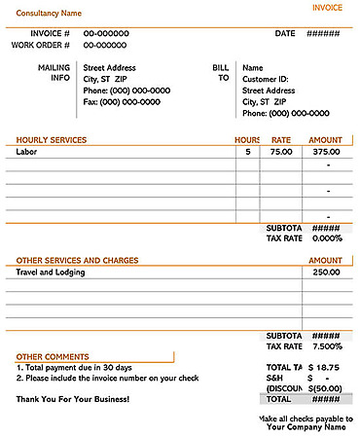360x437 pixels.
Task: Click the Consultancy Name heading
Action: (x=49, y=15)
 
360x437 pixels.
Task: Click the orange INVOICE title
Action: (x=327, y=8)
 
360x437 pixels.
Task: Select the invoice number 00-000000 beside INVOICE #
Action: (x=105, y=33)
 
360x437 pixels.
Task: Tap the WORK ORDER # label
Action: (x=41, y=45)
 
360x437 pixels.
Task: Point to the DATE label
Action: (x=284, y=33)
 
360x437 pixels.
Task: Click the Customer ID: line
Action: (x=267, y=79)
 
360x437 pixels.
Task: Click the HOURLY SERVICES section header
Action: (x=52, y=140)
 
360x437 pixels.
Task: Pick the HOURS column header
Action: (x=247, y=140)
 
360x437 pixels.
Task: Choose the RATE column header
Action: (x=280, y=140)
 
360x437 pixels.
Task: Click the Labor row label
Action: (x=27, y=152)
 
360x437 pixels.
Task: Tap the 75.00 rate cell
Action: (x=280, y=152)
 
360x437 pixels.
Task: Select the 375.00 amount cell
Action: (x=326, y=152)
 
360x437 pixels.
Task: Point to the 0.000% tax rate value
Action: (x=327, y=238)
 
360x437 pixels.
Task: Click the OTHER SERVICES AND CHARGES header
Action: (x=78, y=261)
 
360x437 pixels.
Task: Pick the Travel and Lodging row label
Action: (x=51, y=273)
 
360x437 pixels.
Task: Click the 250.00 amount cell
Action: (x=326, y=273)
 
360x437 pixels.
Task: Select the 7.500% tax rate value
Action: (x=327, y=346)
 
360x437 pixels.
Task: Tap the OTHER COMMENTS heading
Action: (x=53, y=357)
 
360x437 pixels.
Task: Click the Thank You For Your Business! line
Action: (x=73, y=399)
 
